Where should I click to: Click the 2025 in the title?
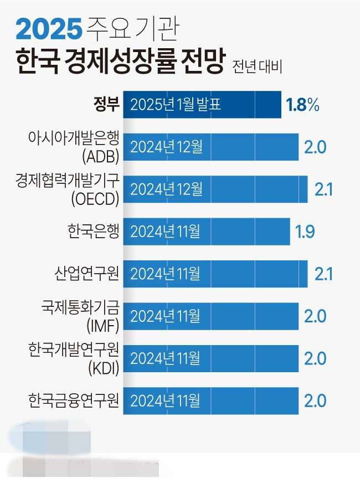click(x=48, y=28)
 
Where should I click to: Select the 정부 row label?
click(x=106, y=104)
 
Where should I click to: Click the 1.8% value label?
click(x=302, y=105)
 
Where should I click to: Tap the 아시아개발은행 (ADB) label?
click(x=74, y=146)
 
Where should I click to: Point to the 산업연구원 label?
click(x=88, y=273)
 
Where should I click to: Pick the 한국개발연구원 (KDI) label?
click(x=74, y=357)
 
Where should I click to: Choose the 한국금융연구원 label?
click(x=74, y=399)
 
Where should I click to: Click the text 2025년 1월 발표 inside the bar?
click(x=177, y=105)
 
